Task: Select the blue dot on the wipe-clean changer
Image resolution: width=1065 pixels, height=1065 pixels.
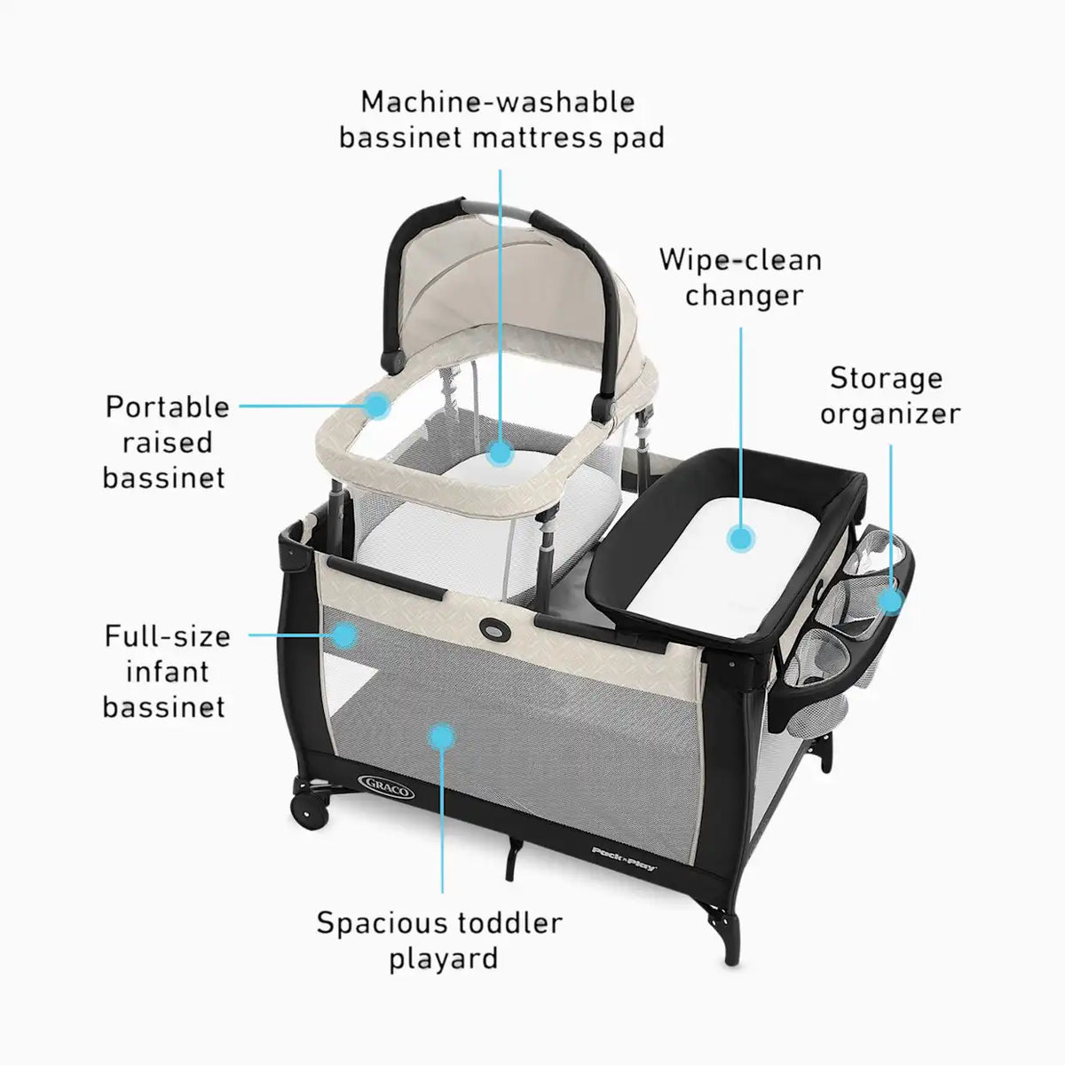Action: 740,539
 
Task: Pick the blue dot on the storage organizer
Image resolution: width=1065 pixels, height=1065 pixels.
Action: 890,600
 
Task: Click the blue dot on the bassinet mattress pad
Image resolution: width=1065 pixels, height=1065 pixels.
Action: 501,454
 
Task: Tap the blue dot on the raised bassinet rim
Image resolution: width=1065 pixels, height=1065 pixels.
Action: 378,405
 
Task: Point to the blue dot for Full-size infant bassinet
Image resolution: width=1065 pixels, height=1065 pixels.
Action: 343,635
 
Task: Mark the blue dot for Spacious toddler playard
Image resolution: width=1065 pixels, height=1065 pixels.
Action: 442,738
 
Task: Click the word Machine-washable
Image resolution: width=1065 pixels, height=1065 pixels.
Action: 498,102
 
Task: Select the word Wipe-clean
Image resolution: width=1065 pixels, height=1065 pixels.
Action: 740,260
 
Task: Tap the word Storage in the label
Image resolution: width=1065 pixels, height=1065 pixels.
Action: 886,379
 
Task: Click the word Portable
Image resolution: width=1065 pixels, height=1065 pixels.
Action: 168,407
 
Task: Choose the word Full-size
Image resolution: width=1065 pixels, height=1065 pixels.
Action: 168,636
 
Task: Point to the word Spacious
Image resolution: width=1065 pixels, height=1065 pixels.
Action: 383,924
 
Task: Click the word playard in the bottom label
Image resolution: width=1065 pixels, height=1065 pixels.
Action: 444,958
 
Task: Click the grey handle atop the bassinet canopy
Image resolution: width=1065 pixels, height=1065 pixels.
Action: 497,210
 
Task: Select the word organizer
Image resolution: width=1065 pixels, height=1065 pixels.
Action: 890,414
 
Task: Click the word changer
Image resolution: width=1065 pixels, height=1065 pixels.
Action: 744,296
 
